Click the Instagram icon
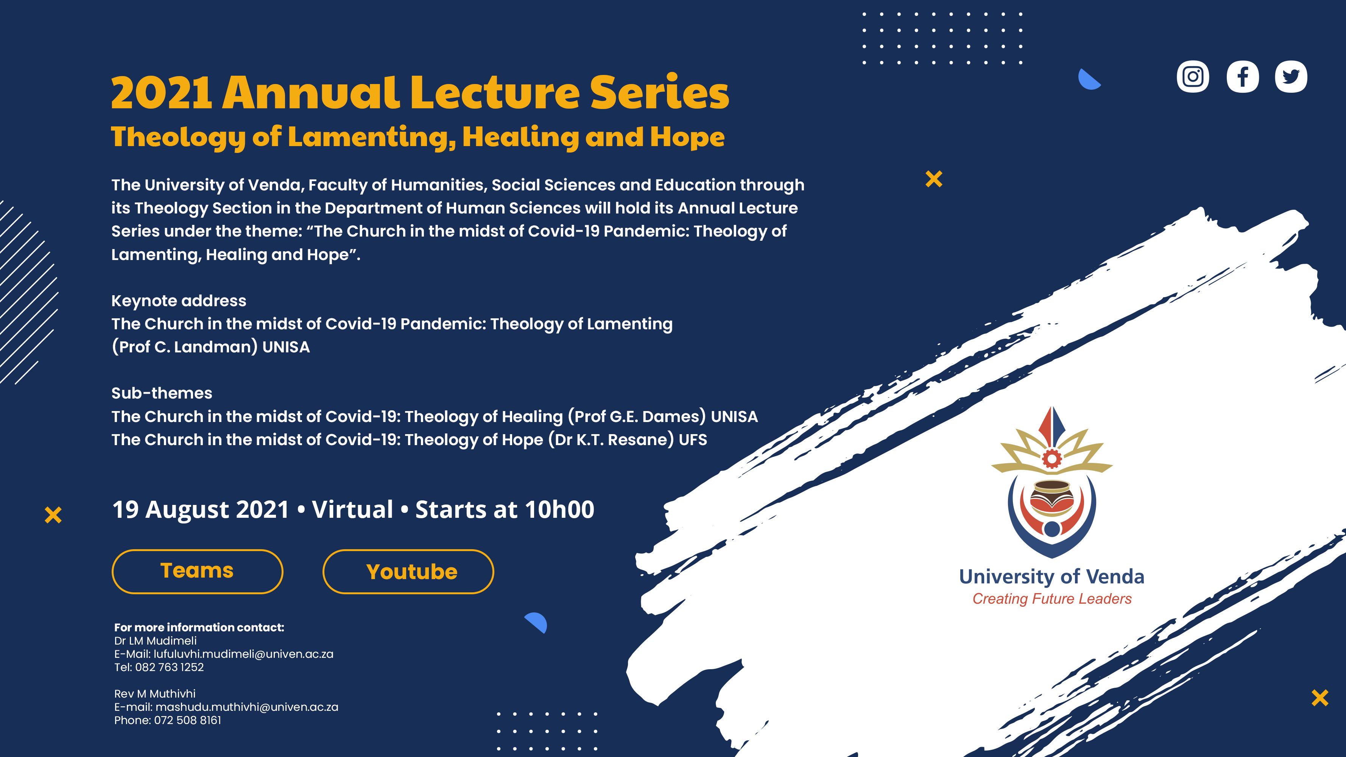tap(1193, 77)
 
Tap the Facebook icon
tap(1243, 77)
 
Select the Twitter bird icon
tap(1291, 77)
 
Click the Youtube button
tap(408, 572)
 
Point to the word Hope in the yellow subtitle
tap(688, 137)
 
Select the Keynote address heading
tap(179, 301)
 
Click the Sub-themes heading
tap(162, 393)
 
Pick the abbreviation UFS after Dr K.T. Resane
tap(693, 439)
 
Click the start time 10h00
tap(559, 509)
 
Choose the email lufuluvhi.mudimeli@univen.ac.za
tap(243, 654)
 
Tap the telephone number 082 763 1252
tap(169, 667)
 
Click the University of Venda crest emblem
tap(1052, 482)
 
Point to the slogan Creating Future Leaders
tap(1052, 599)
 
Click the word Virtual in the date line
tap(353, 509)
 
